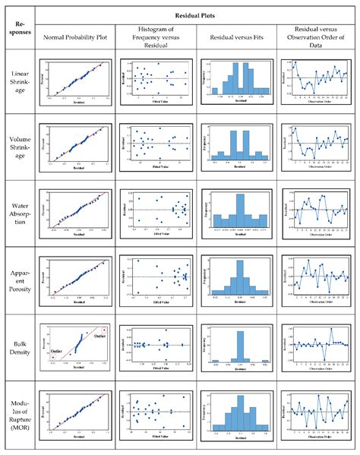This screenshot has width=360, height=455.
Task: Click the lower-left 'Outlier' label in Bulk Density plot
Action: coord(58,350)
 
